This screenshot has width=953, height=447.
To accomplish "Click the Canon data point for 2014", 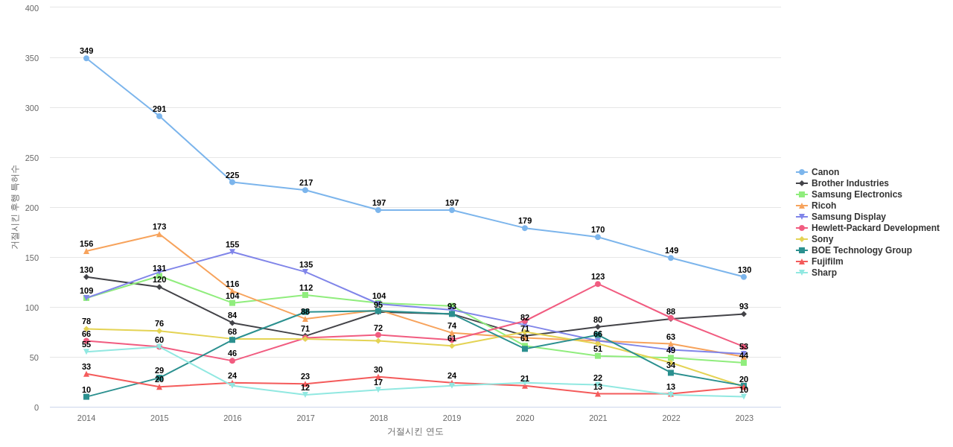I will [x=86, y=59].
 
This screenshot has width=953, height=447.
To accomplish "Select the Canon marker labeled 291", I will [x=159, y=116].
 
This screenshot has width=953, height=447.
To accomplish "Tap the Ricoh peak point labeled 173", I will [x=159, y=235].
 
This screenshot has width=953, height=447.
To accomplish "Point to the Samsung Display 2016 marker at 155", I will [x=232, y=252].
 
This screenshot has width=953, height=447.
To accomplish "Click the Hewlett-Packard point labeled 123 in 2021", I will [x=598, y=284].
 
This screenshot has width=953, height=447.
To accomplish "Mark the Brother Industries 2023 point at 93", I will [x=744, y=314].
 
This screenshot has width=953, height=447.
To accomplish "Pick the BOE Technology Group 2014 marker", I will [x=86, y=397].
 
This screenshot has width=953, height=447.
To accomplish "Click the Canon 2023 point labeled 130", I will [x=744, y=277].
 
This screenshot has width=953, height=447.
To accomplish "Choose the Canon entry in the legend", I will [x=824, y=172].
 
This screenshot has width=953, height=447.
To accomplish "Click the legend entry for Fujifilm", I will [x=826, y=261].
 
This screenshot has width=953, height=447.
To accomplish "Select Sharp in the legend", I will [x=823, y=273].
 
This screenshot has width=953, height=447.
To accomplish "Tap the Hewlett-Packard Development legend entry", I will [x=875, y=228].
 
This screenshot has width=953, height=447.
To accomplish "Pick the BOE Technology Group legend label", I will [x=861, y=250].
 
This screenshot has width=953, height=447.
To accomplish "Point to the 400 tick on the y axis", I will [x=32, y=8].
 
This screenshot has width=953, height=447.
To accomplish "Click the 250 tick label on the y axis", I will [x=32, y=158].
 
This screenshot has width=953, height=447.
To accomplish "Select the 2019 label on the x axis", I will [x=452, y=418].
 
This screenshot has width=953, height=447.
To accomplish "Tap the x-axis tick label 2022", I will [x=671, y=418].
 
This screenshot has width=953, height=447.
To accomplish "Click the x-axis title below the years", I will [x=415, y=431].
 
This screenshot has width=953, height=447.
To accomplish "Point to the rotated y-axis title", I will [x=14, y=207].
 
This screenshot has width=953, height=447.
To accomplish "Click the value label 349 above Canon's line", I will [x=86, y=51].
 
